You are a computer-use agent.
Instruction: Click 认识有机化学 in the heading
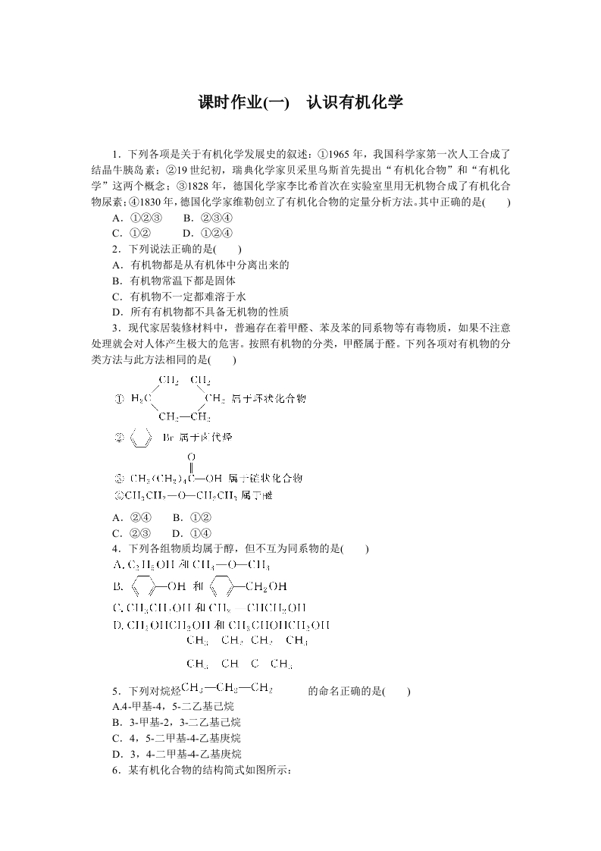point(354,102)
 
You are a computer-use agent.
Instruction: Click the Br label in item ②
point(169,439)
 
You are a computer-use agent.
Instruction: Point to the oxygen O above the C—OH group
point(190,457)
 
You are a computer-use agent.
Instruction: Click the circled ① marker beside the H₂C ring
point(119,399)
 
